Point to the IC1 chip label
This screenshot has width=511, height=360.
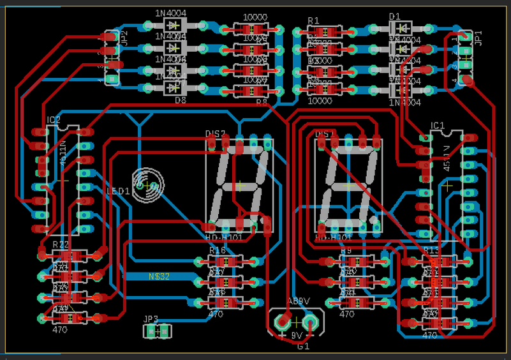pos(438,125)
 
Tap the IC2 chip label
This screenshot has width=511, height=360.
pos(54,120)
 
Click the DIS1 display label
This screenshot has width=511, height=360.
pos(326,133)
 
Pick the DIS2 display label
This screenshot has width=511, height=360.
pos(216,133)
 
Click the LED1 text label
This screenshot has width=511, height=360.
pos(117,191)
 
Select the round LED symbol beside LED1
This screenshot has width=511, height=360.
pos(148,184)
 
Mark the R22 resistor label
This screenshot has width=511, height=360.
pos(61,244)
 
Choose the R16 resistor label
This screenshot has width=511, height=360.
pos(218,250)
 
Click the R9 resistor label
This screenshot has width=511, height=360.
pos(346,251)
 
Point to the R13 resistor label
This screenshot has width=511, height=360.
pos(431,250)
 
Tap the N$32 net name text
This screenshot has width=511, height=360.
pos(159,276)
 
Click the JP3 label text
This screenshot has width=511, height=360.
pos(151,319)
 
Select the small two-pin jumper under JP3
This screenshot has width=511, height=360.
pos(156,331)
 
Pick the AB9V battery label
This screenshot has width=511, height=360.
pos(298,301)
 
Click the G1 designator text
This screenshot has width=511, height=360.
pos(303,347)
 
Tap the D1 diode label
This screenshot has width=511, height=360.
pos(394,17)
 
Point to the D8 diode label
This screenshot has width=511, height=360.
pos(181,100)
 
